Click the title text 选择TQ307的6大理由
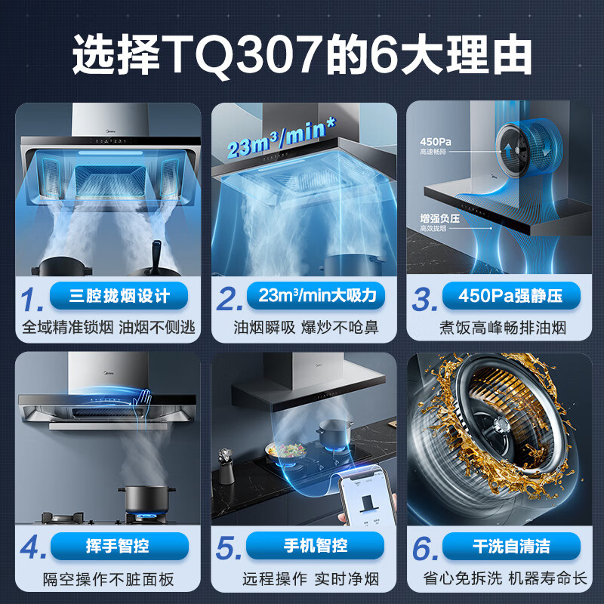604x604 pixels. [x=302, y=55]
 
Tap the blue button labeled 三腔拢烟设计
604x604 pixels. [x=119, y=295]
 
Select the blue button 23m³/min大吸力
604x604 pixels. [x=316, y=295]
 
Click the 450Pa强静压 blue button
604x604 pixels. [x=510, y=295]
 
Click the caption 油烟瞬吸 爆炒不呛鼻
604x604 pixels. [x=306, y=328]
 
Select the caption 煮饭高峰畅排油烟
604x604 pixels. [x=504, y=328]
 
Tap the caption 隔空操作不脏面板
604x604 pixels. [x=109, y=580]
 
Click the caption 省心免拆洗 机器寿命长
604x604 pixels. [x=504, y=580]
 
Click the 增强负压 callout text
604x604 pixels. [x=439, y=218]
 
